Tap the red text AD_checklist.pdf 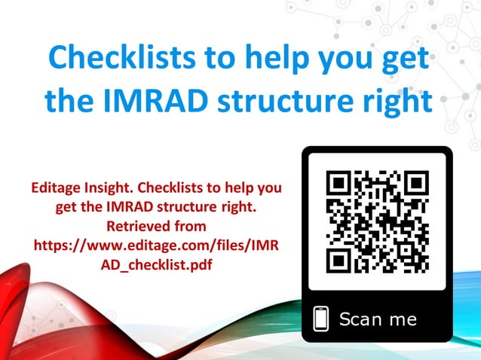158,264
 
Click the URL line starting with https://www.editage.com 158,245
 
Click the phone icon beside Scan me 322,319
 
